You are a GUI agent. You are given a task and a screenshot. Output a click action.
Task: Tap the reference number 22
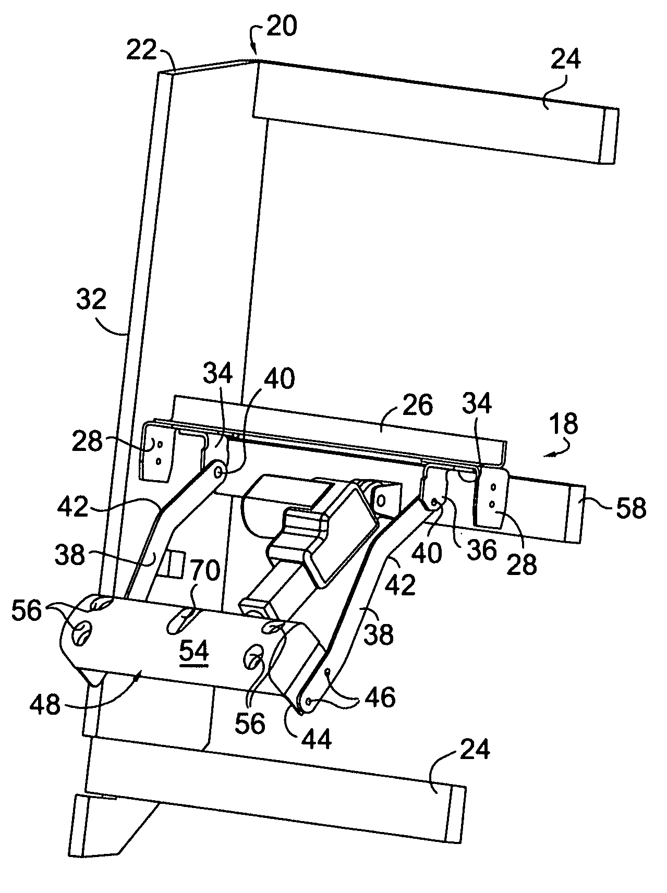click(142, 51)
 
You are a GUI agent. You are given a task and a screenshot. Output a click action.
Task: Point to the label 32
click(92, 300)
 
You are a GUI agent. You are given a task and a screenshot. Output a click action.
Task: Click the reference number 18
click(564, 425)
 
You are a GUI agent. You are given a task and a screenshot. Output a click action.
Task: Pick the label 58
click(631, 507)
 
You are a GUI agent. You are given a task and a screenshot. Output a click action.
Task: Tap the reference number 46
click(380, 697)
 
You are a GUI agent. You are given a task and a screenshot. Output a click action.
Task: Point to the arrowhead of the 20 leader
click(256, 53)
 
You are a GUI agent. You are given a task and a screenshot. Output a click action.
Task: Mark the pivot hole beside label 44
click(310, 702)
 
